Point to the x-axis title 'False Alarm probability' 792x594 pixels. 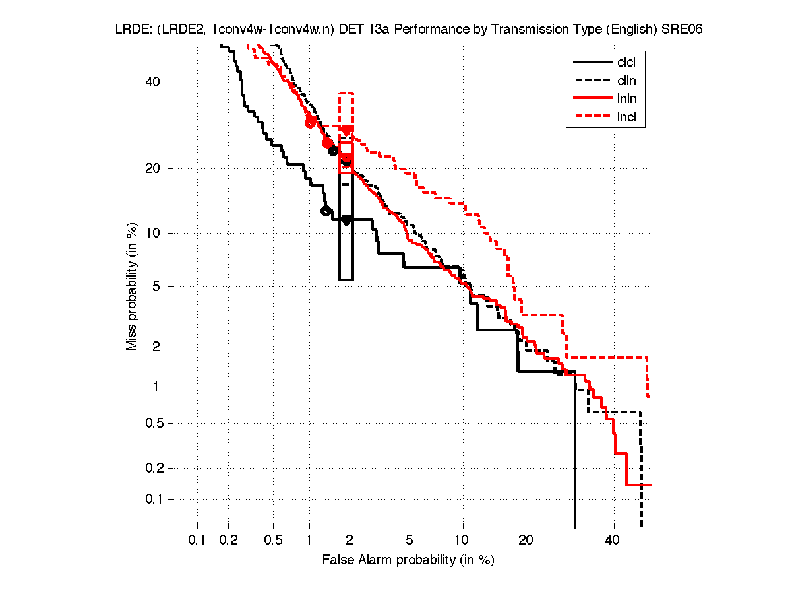click(x=408, y=560)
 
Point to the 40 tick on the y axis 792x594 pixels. click(x=154, y=82)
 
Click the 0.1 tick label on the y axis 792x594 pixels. click(x=152, y=499)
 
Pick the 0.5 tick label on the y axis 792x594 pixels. click(x=152, y=423)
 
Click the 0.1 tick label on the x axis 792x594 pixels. click(x=197, y=541)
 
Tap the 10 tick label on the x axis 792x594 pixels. click(x=463, y=541)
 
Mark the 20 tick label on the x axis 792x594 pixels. click(x=525, y=541)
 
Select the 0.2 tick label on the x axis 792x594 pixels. click(x=229, y=541)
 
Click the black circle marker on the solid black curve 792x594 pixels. click(x=326, y=211)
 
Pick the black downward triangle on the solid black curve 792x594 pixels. click(x=346, y=220)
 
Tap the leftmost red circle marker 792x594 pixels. click(x=310, y=122)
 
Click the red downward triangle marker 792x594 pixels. click(x=346, y=131)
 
